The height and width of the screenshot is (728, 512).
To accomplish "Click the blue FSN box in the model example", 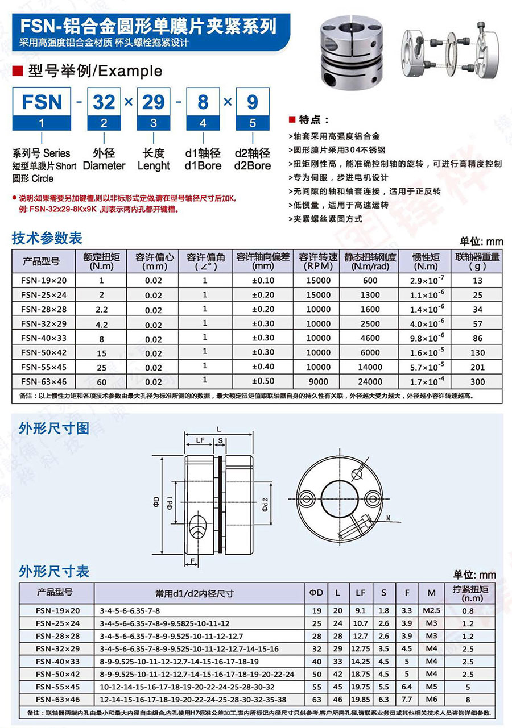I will [42, 102].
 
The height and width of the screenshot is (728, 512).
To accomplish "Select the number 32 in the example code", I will [105, 102].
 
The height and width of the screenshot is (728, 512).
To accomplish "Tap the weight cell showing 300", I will [477, 381].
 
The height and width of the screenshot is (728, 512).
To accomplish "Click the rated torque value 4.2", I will [102, 324].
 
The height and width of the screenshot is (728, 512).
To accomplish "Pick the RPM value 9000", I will [318, 381].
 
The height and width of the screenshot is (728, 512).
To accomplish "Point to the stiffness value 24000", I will [370, 381].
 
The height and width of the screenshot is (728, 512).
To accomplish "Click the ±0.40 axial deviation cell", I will [262, 367].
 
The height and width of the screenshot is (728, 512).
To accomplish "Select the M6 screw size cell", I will [431, 700].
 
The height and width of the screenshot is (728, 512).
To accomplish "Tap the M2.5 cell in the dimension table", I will [431, 611].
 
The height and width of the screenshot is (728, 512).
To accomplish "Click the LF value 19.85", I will [361, 700].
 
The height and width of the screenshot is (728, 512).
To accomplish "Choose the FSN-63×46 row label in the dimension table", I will [58, 700].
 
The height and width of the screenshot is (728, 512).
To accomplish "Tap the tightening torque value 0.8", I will [468, 611].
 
